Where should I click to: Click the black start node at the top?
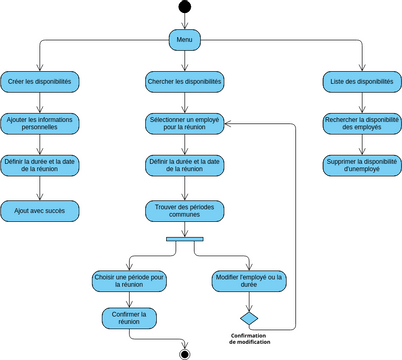pyautogui.click(x=184, y=9)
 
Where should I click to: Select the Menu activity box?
pyautogui.click(x=184, y=40)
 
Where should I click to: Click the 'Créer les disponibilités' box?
pyautogui.click(x=39, y=81)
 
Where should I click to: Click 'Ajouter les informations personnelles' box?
pyautogui.click(x=39, y=123)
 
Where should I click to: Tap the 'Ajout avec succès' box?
pyautogui.click(x=39, y=211)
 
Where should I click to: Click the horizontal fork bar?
pyautogui.click(x=185, y=238)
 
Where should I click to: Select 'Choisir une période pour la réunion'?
pyautogui.click(x=129, y=280)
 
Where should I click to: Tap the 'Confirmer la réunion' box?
pyautogui.click(x=129, y=318)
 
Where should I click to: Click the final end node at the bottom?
pyautogui.click(x=184, y=353)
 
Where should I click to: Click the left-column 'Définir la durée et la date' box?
pyautogui.click(x=39, y=165)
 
